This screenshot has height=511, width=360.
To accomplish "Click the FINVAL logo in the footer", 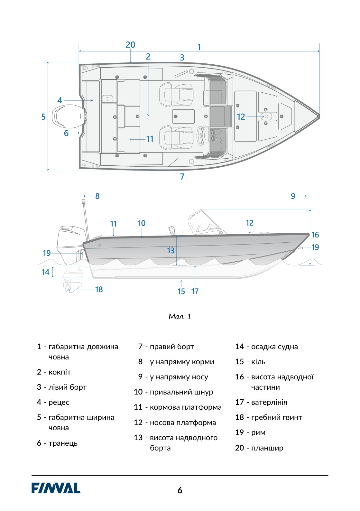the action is (56, 488).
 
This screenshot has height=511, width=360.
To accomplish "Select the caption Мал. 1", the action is (180, 316).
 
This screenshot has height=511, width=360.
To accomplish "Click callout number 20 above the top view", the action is (131, 45).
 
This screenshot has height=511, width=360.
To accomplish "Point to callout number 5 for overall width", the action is (43, 117).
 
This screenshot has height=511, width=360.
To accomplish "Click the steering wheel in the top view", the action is (200, 135).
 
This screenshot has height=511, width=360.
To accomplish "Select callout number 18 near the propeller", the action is (99, 290).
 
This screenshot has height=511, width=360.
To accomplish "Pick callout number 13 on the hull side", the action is (171, 250).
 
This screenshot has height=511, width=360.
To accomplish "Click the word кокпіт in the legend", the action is (60, 372).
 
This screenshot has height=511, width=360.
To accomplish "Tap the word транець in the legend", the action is (63, 443).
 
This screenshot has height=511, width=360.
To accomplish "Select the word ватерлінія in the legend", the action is (269, 402).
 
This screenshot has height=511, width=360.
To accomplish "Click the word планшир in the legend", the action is (267, 448).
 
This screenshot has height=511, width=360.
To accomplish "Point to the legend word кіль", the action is (258, 362).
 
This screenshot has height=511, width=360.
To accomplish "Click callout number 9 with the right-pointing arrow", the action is (293, 196).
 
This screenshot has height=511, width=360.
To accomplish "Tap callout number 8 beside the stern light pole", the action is (97, 196).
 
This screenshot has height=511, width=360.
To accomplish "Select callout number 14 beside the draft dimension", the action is (45, 272).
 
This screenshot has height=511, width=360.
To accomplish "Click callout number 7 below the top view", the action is (182, 177).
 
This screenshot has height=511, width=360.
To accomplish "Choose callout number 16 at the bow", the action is (315, 235).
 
